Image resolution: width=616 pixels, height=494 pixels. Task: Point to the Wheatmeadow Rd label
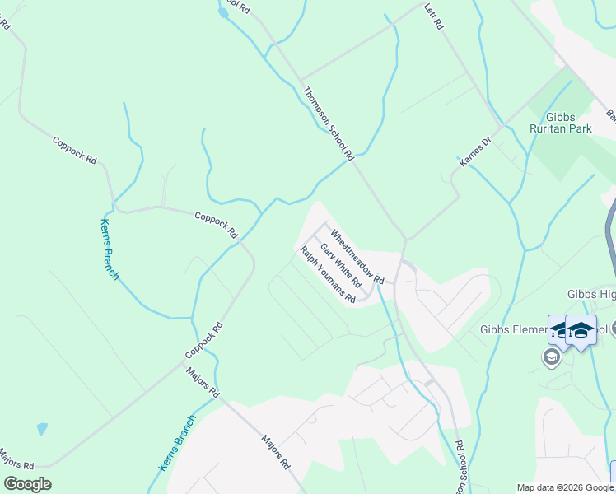[x=357, y=256]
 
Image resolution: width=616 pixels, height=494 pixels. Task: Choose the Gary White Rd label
[x=341, y=265]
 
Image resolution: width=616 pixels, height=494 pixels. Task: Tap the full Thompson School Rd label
[x=328, y=123]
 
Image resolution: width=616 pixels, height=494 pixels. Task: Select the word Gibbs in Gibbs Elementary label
[x=495, y=330]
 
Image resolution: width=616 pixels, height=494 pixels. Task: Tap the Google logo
[x=27, y=484]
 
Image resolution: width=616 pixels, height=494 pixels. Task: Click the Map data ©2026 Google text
[x=565, y=487]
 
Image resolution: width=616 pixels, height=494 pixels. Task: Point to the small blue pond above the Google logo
[x=42, y=429]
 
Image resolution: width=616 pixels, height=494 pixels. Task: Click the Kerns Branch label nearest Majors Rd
[x=176, y=443]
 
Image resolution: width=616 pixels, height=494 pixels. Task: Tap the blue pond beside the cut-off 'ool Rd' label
[x=223, y=12]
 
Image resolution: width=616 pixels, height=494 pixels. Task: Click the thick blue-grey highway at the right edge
[x=610, y=239]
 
